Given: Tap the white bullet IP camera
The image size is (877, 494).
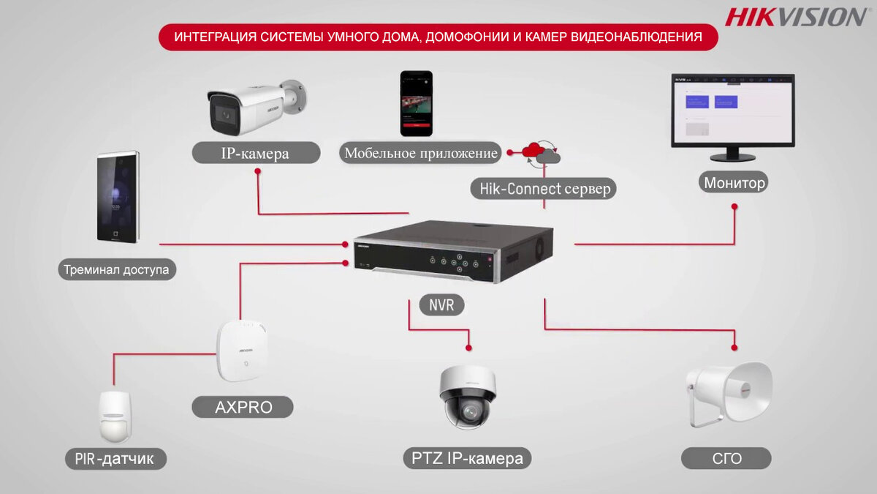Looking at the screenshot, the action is pos(257,107).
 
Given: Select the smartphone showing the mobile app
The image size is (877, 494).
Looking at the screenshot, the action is pos(416,103).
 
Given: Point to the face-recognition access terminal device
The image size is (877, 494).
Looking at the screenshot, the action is pos(118,197).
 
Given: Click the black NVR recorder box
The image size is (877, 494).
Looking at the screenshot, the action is pos(453,251).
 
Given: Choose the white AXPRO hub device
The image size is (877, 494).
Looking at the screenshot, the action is pos(243,351).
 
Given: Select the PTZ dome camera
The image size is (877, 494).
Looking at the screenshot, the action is pos(468,397).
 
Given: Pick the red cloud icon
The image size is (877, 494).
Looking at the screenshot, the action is pos(534,150).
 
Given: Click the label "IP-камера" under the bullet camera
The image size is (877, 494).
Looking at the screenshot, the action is pos(255,153).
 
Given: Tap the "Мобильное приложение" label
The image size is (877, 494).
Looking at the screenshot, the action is pos(420,153).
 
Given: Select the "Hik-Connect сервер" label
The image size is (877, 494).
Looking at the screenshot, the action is pos(544,189).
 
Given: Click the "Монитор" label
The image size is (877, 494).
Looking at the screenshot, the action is pos(734,182).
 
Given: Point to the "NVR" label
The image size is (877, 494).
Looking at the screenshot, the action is pos(441,304).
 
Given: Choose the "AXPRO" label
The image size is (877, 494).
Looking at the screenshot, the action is pos(243,407).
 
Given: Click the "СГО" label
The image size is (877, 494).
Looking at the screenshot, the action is pos(726,458).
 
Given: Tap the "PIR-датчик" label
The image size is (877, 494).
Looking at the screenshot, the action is pos(115,458).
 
